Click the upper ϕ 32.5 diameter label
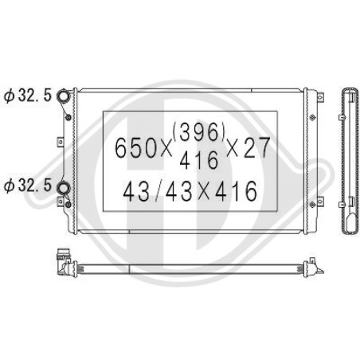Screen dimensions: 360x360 click(28, 96)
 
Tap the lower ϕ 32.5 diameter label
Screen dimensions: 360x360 click(28, 186)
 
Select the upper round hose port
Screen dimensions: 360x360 click(64, 96)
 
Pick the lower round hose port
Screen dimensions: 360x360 click(64, 187)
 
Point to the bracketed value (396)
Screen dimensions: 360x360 click(199, 132)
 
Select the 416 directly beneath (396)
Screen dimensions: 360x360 click(198, 160)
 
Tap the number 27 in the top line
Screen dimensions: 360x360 click(256, 147)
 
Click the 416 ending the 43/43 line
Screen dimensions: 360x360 click(236, 191)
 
